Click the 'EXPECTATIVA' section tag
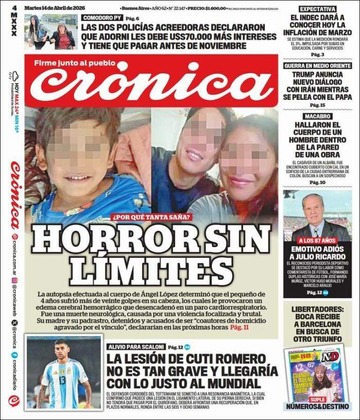(x=318, y=9)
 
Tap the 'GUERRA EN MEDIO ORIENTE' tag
(x=318, y=65)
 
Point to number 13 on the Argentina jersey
(x=62, y=380)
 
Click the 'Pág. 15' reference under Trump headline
(x=318, y=106)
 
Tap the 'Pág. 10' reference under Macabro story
(x=318, y=183)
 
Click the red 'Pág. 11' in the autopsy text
(x=239, y=327)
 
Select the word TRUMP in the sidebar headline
(x=302, y=75)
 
